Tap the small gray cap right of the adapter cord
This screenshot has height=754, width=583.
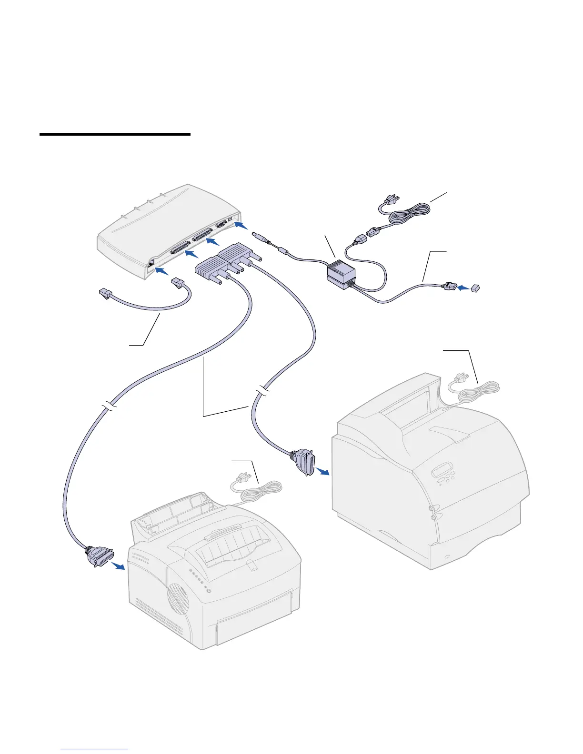(x=475, y=288)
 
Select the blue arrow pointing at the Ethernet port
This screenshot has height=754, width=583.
(x=162, y=271)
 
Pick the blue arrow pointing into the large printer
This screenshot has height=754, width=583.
(x=322, y=471)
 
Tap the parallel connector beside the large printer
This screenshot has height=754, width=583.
(x=303, y=460)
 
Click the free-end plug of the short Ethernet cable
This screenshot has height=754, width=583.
(x=103, y=293)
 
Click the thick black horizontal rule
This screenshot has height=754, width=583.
(x=115, y=134)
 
